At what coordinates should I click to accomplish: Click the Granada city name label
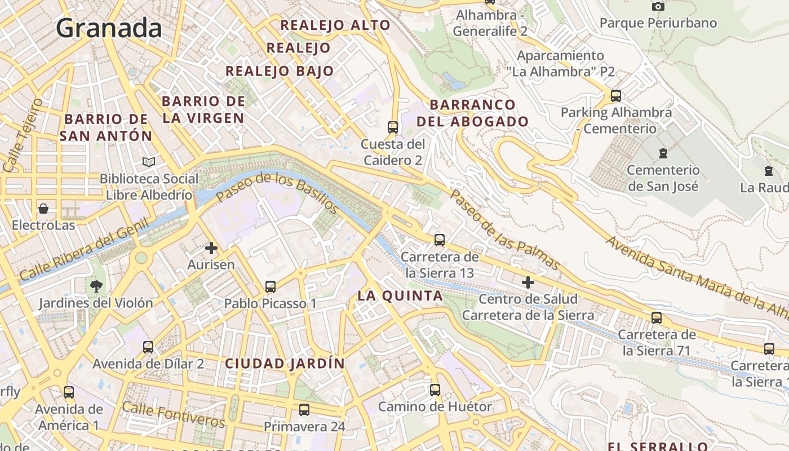click(x=109, y=28)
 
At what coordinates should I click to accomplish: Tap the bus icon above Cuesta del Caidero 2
click(x=393, y=127)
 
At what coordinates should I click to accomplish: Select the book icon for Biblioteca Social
click(x=149, y=162)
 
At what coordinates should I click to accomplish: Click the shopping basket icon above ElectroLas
click(x=43, y=209)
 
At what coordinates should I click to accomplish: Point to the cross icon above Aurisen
click(x=211, y=248)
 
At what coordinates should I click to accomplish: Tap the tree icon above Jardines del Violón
click(x=96, y=286)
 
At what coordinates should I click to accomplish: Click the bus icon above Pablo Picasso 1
click(x=271, y=287)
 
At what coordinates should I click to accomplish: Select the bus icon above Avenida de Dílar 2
click(x=148, y=347)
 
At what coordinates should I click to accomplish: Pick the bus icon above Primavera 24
click(x=304, y=410)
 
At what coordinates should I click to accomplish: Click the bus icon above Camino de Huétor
click(x=435, y=390)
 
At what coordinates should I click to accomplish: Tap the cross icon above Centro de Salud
click(x=528, y=282)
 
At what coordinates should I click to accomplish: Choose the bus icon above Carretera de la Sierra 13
click(x=440, y=241)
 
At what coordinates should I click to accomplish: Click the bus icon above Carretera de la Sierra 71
click(x=657, y=318)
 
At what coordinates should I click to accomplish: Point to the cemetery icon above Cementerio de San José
click(x=663, y=153)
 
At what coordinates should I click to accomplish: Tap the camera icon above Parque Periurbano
click(x=658, y=7)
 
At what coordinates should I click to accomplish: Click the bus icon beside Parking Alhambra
click(x=616, y=96)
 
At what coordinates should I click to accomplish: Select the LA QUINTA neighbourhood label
click(x=400, y=295)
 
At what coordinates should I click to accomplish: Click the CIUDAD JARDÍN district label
click(x=285, y=364)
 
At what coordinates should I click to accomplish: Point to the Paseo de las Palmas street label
click(x=505, y=229)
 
